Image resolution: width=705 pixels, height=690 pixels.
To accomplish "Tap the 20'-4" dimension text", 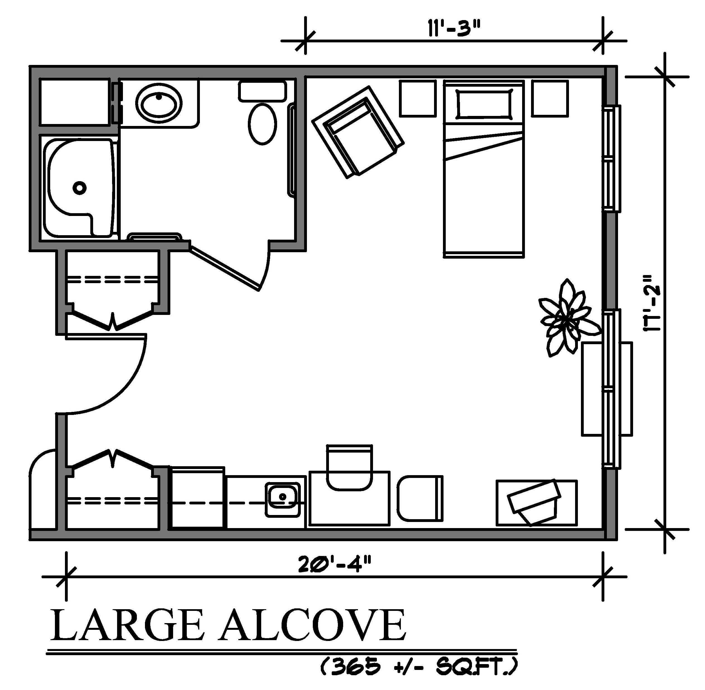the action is (335, 564).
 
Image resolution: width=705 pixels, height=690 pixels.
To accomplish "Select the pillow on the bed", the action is (484, 103).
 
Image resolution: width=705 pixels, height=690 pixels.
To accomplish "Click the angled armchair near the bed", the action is (358, 132).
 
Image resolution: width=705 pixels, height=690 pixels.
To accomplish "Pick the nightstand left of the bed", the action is (418, 99).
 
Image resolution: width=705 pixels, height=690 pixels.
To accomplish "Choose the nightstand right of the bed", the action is (549, 99).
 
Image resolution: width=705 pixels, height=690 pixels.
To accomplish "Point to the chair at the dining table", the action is (349, 468).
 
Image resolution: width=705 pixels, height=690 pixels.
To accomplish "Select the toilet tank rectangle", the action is (262, 91).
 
